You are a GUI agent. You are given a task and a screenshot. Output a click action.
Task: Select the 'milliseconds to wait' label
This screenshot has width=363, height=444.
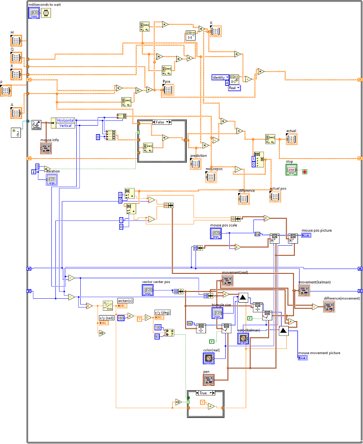pos(45,4)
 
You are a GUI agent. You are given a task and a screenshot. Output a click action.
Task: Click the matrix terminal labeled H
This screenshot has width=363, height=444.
pos(16,41)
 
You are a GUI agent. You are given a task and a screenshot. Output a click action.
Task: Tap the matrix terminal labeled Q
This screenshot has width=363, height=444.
pos(16,58)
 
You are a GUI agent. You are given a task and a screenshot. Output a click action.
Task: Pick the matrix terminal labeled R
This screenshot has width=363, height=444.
pos(16,74)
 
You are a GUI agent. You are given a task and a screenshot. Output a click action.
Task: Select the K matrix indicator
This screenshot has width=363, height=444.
pos(216,31)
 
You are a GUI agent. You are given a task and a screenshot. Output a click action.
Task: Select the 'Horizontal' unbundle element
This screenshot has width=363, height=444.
pos(65,120)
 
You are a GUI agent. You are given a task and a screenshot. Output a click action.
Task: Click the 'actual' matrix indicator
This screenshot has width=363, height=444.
pos(292,139)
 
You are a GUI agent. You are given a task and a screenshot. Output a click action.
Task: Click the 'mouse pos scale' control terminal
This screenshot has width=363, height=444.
pos(216,234)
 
